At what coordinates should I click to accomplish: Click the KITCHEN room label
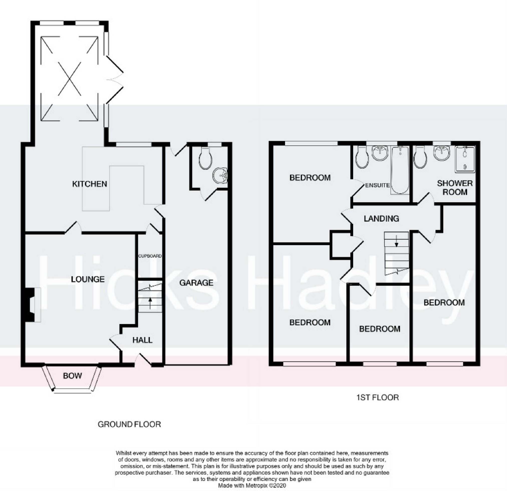pyautogui.click(x=89, y=184)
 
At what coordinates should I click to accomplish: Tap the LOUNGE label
pyautogui.click(x=88, y=279)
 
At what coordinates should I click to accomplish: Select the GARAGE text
pyautogui.click(x=196, y=283)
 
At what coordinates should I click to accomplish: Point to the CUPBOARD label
pyautogui.click(x=150, y=256)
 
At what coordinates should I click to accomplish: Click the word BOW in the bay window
pyautogui.click(x=72, y=376)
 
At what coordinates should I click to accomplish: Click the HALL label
pyautogui.click(x=142, y=340)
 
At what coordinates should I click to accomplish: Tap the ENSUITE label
pyautogui.click(x=377, y=185)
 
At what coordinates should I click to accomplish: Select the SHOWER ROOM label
pyautogui.click(x=455, y=188)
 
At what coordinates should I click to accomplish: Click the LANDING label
pyautogui.click(x=381, y=219)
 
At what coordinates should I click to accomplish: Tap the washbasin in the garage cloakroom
pyautogui.click(x=220, y=176)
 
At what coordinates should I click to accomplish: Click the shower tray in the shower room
pyautogui.click(x=465, y=159)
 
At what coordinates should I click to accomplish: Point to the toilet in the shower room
pyautogui.click(x=420, y=157)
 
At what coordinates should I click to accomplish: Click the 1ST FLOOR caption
pyautogui.click(x=377, y=397)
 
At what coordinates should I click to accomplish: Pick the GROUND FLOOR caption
pyautogui.click(x=129, y=424)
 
